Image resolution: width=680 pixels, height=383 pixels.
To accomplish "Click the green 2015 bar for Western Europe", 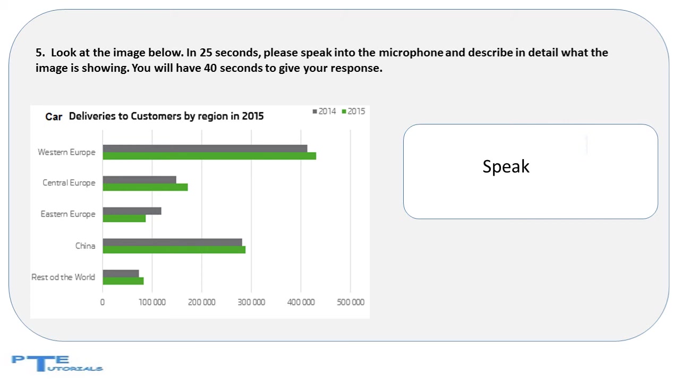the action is point(209,156).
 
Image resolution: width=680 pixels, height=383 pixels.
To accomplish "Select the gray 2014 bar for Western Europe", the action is point(205,148).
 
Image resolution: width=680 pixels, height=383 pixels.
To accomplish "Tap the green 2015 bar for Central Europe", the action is point(145,187).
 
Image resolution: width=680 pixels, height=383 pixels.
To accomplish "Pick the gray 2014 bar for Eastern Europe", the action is point(132,211).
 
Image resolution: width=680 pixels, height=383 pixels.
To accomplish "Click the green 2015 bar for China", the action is point(174,249).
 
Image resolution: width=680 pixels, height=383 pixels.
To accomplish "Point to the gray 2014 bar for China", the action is point(172,242).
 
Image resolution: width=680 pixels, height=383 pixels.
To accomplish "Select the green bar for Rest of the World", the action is point(123,281).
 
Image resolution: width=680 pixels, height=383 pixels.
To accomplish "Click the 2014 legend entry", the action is point(324,112).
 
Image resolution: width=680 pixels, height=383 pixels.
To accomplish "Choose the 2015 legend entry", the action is point(353,112).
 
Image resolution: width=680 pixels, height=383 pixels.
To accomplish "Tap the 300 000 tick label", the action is point(251,302).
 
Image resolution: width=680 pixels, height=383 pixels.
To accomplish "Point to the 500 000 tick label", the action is point(351,302).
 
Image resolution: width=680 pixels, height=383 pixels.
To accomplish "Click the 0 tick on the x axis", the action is point(103,302).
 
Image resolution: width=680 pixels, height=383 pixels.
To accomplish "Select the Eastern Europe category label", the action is point(68,214).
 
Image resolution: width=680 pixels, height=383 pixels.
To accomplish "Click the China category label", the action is point(86,246).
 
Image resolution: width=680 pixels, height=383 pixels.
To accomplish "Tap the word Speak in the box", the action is point(506,167).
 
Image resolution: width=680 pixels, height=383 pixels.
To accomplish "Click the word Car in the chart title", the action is point(54,116).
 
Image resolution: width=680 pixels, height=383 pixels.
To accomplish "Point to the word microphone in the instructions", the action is point(411,53).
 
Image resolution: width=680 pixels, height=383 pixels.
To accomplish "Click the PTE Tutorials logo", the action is point(57,363).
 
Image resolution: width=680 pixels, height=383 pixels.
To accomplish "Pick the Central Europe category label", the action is point(69,182).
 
